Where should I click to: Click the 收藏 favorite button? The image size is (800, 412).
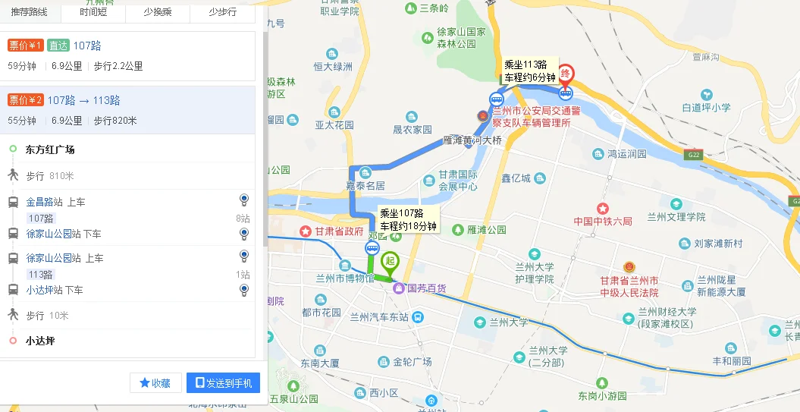155,383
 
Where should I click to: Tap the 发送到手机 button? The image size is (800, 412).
224,383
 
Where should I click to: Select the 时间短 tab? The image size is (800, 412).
93,12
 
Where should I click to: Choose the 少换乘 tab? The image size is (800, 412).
158,12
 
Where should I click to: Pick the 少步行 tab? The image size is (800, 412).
222,12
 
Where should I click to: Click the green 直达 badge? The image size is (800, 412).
58,46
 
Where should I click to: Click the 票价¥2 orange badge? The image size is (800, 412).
25,100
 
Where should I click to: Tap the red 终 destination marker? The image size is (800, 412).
566,75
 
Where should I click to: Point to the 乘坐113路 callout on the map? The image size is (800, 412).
530,71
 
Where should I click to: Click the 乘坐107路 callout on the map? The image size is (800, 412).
408,219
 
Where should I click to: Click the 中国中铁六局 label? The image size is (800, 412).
603,221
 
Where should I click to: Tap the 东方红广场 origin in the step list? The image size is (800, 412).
50,149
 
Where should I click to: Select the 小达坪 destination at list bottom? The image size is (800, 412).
40,341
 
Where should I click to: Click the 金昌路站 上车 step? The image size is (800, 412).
55,202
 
